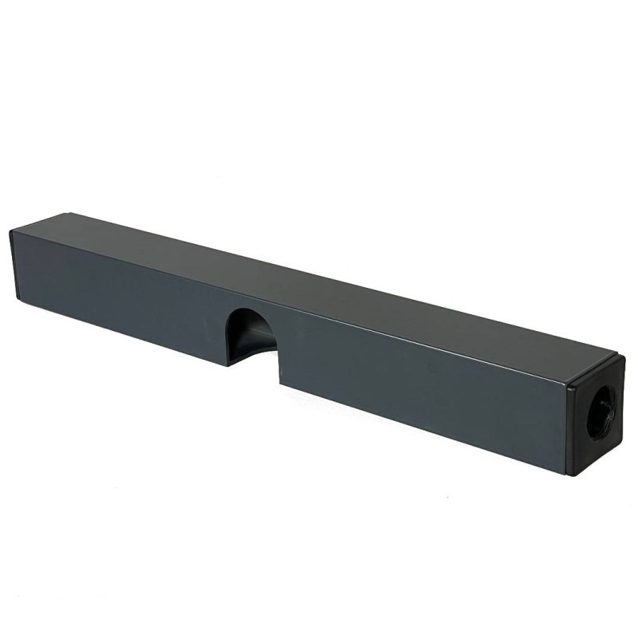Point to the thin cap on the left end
14,264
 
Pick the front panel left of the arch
120,295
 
